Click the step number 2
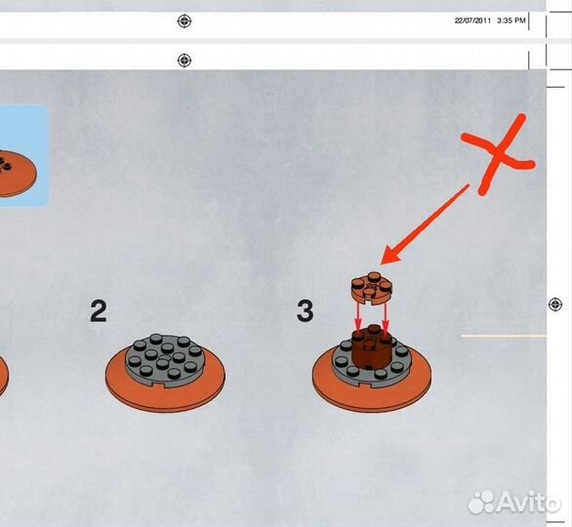tap(99, 311)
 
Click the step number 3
tap(305, 311)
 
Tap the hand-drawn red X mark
tap(499, 154)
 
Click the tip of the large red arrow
tap(381, 264)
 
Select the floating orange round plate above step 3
tap(372, 288)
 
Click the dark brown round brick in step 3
tap(372, 345)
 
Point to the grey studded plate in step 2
tap(165, 360)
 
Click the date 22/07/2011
tap(472, 20)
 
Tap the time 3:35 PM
tap(511, 20)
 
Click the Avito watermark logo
tap(514, 503)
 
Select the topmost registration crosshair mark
tap(184, 21)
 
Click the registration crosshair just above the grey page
tap(184, 61)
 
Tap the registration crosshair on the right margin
tap(555, 304)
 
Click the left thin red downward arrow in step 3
tap(358, 316)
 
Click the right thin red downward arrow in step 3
tap(386, 316)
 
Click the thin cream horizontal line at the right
tap(504, 336)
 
